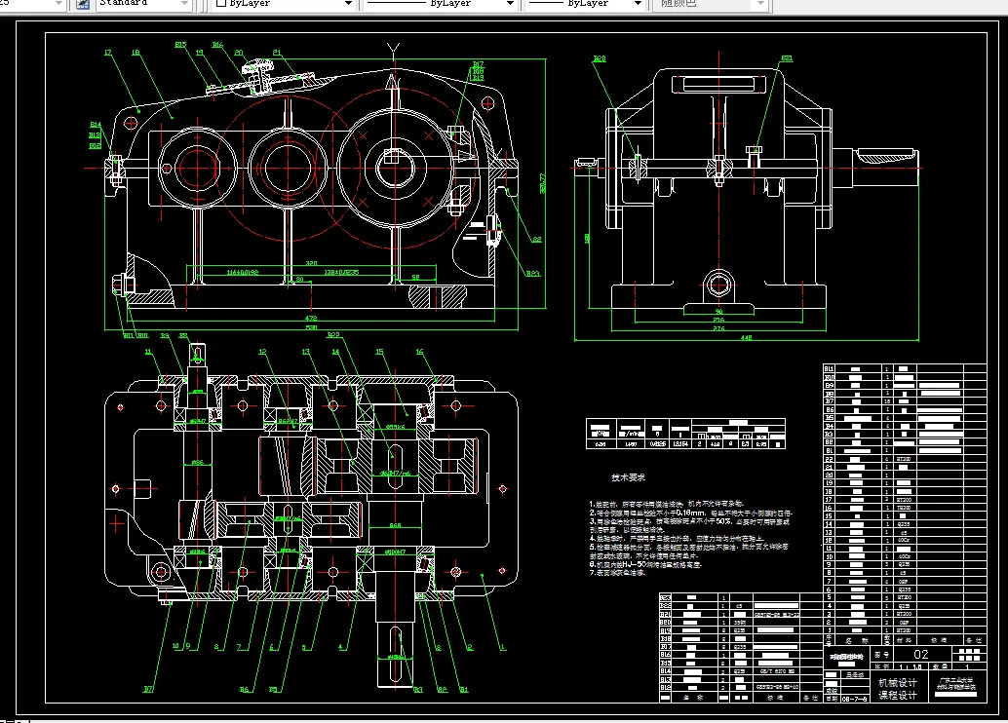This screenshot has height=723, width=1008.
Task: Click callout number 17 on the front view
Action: pyautogui.click(x=106, y=52)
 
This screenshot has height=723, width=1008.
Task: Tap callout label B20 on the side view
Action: pyautogui.click(x=599, y=58)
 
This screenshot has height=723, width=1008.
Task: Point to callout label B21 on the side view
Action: pyautogui.click(x=786, y=58)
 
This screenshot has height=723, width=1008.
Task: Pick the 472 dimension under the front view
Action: pyautogui.click(x=311, y=317)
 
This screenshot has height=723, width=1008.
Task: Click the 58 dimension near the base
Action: pyautogui.click(x=415, y=278)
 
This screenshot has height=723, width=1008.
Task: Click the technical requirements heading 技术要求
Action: pyautogui.click(x=627, y=477)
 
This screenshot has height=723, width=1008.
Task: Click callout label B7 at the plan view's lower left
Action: pyautogui.click(x=148, y=689)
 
